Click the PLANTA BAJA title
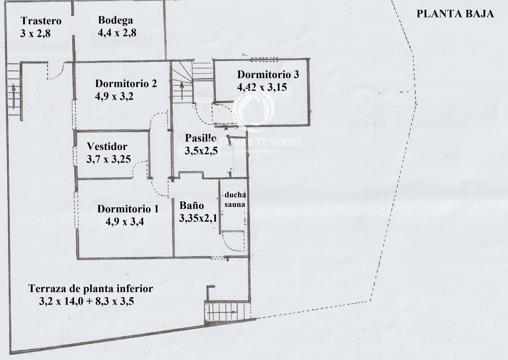[x=455, y=14]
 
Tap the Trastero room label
[x=41, y=21]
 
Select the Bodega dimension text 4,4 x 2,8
[x=117, y=33]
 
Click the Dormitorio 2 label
[x=126, y=83]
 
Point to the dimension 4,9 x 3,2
[x=114, y=96]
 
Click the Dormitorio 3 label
[x=268, y=74]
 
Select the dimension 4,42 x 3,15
[x=262, y=87]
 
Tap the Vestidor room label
[x=107, y=146]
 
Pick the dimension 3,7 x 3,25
[x=109, y=159]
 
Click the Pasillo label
[x=200, y=138]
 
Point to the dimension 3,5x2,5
[x=201, y=151]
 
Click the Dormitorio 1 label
[x=128, y=209]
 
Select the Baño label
[x=192, y=205]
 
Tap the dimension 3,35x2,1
[x=198, y=218]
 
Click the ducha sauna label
[x=235, y=200]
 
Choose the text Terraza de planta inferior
[x=90, y=289]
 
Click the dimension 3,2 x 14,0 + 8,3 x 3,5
[x=86, y=302]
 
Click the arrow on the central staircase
[x=182, y=91]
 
